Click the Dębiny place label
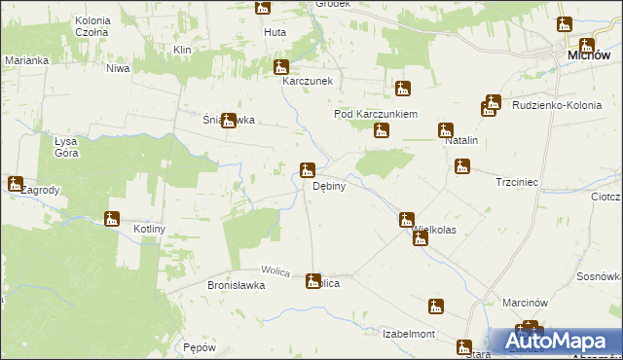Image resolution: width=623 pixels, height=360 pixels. [330, 186]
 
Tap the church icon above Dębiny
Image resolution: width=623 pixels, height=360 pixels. [307, 170]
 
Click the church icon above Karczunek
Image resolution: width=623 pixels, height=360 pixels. [281, 67]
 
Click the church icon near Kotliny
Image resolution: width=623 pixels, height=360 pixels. [112, 219]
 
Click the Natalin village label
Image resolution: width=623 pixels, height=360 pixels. [460, 141]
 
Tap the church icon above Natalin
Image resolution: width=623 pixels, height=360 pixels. [446, 128]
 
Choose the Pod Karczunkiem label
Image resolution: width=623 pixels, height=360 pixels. [376, 114]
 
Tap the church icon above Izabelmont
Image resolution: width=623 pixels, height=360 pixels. [436, 306]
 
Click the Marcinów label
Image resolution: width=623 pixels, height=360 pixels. [526, 303]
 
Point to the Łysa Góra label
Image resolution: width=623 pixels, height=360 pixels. [66, 147]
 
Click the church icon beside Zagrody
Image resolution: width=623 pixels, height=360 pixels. [16, 183]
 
